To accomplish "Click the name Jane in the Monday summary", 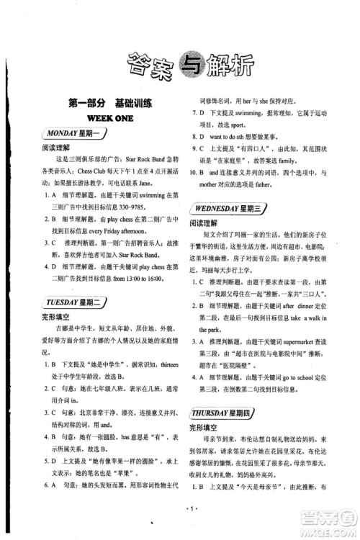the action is [x=151, y=184].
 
